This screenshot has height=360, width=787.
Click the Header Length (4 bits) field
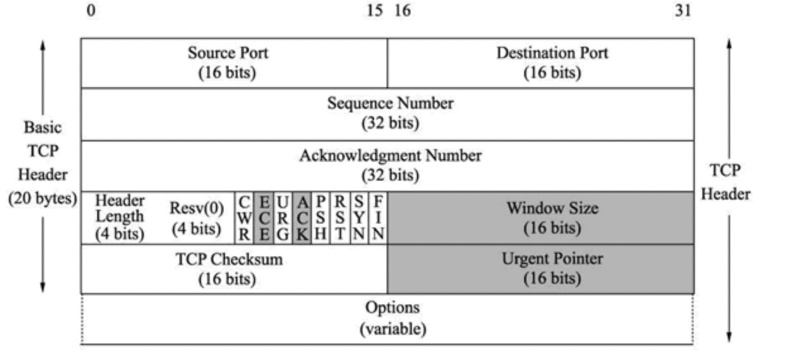pos(119,218)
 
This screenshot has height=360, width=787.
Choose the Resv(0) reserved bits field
pos(196,218)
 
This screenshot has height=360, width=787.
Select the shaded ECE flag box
pos(263,218)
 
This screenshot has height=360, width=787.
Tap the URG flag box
pos(283,218)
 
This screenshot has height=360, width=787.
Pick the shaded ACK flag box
pos(302,218)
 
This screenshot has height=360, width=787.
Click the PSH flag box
pos(321,218)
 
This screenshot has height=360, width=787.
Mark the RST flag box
pos(340,218)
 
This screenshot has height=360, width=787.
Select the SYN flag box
pos(359,218)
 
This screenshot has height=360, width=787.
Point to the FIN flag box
pos(378,218)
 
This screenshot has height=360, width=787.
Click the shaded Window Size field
pos(541,218)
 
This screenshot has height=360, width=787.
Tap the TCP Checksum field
pos(234,269)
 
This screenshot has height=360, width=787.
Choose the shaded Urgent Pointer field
pos(541,269)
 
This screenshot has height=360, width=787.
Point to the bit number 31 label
pos(683,11)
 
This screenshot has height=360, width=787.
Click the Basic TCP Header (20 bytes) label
pos(43,163)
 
